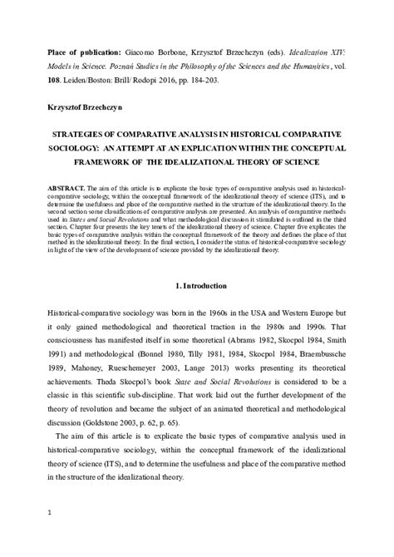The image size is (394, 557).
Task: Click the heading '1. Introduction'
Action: click(x=196, y=286)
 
